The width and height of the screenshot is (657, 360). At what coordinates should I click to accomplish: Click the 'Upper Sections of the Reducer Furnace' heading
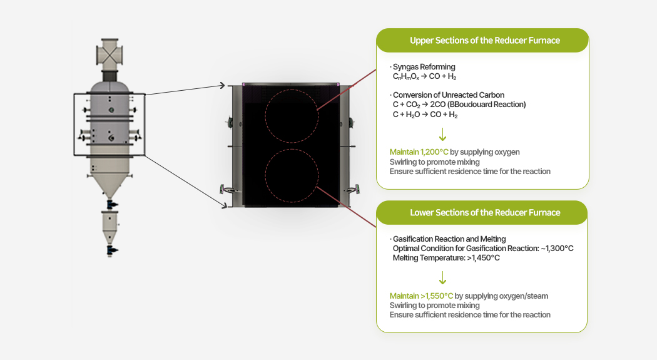(x=484, y=41)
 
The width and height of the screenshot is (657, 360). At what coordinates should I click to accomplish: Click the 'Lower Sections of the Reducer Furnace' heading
(x=484, y=213)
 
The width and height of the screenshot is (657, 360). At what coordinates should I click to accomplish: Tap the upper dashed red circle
(x=291, y=116)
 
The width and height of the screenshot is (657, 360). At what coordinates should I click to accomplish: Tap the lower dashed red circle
(x=291, y=176)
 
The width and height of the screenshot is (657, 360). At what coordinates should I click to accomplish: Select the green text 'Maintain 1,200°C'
(x=419, y=152)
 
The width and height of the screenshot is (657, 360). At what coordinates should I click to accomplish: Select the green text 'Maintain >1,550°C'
(x=421, y=296)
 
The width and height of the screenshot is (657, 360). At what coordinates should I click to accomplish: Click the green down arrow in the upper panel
(x=442, y=134)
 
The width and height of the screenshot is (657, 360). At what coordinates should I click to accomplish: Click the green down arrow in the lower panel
(x=442, y=277)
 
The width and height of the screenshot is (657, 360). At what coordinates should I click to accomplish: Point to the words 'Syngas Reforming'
(x=424, y=67)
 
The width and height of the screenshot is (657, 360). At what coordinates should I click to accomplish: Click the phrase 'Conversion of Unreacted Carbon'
(x=449, y=95)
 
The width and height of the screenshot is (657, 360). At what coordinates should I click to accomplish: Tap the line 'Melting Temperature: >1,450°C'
(x=446, y=258)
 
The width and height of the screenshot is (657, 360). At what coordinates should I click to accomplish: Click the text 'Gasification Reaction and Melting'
(x=449, y=239)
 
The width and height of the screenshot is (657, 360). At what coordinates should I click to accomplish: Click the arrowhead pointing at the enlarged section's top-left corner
(x=223, y=85)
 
